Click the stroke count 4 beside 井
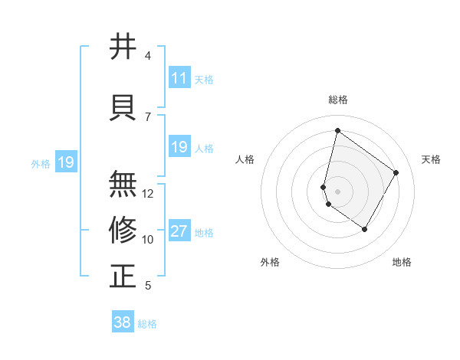(148, 56)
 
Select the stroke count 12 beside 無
(148, 194)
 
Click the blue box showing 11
(179, 78)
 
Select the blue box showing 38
(123, 323)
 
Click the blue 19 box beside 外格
(65, 162)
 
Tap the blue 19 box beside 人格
(179, 147)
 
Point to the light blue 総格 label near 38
(147, 324)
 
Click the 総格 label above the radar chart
(337, 100)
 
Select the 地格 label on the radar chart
(402, 262)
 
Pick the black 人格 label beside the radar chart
(245, 159)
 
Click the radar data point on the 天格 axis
(396, 172)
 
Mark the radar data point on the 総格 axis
(337, 131)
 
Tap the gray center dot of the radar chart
(337, 190)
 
